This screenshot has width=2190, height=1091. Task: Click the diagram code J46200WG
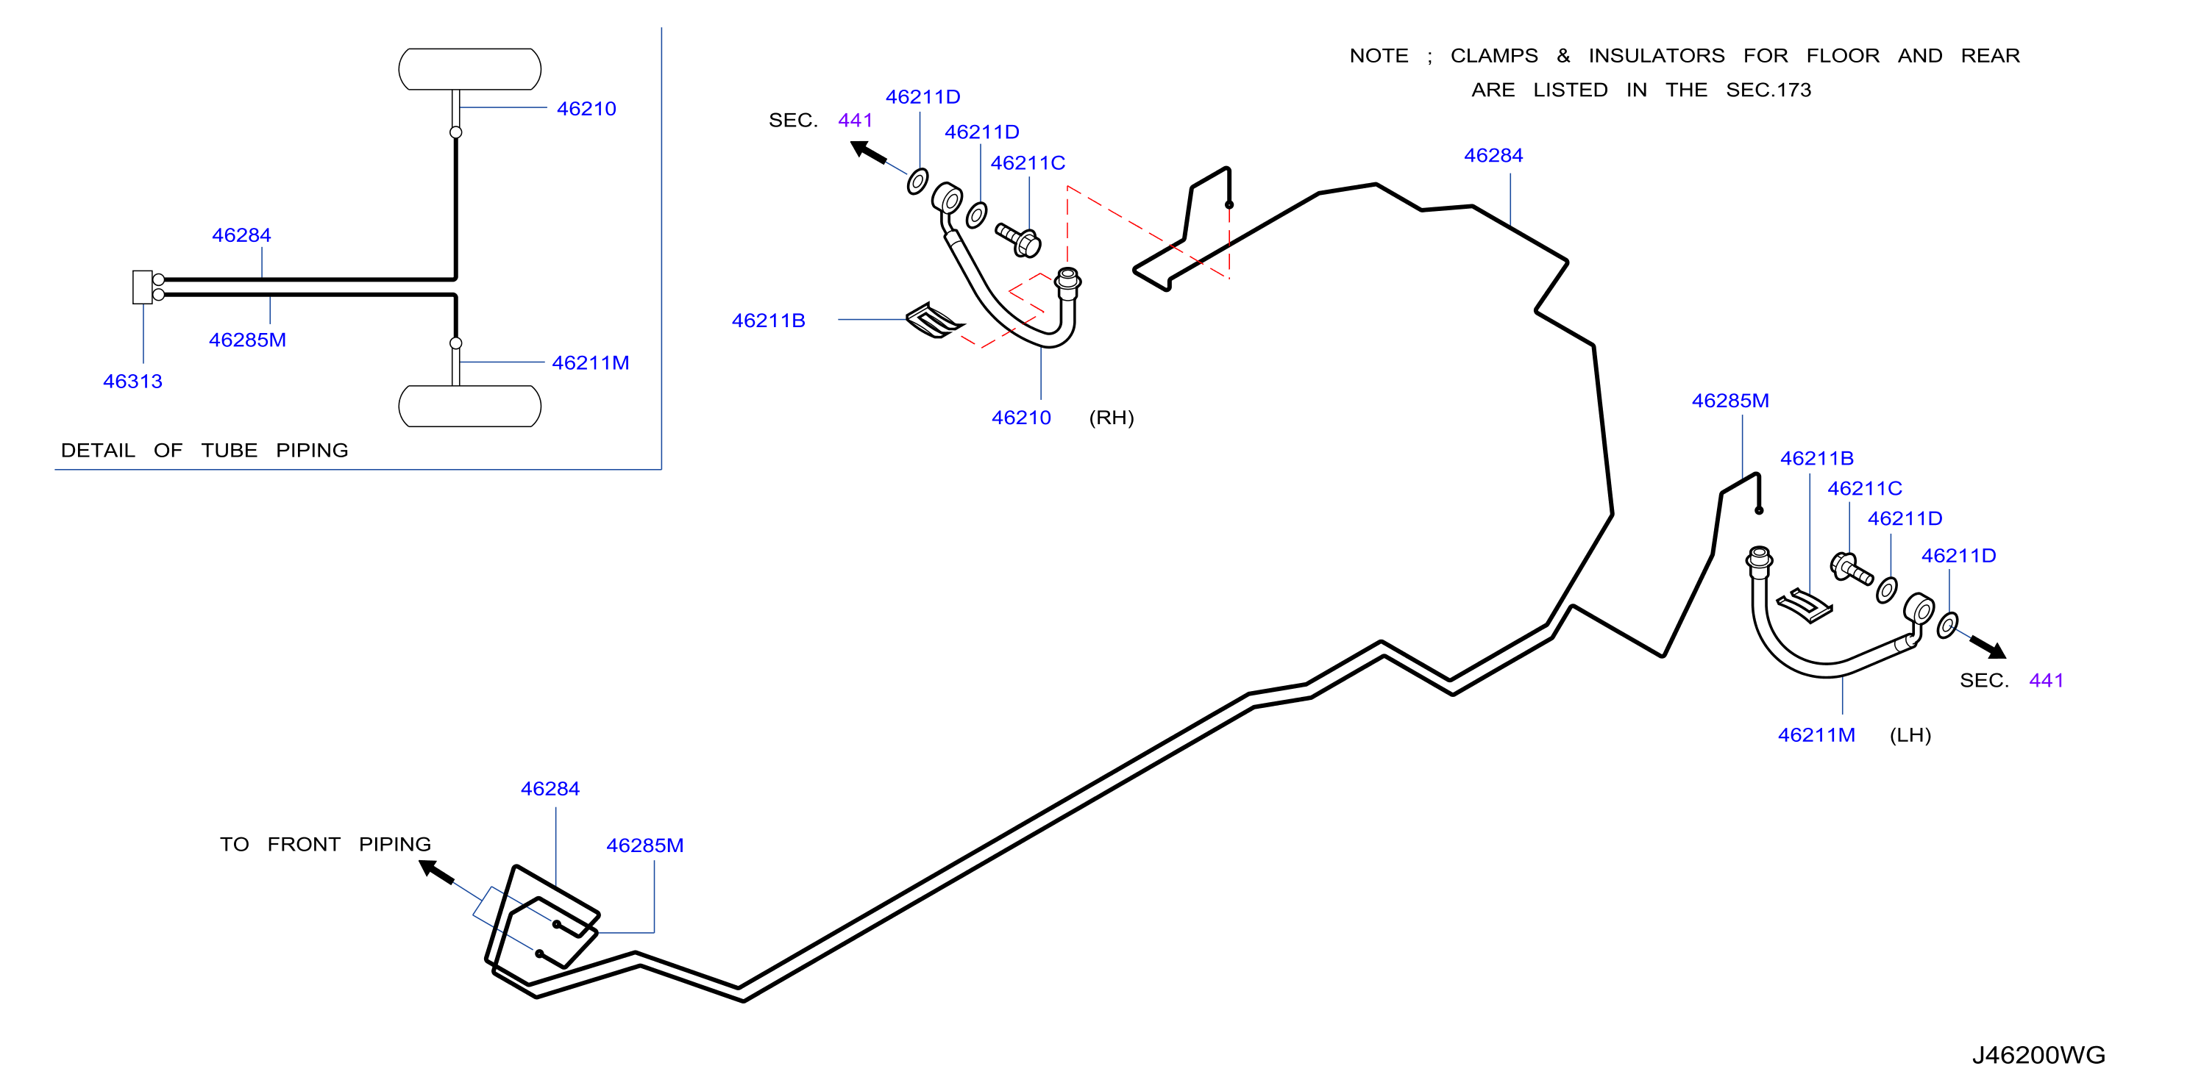click(2038, 1054)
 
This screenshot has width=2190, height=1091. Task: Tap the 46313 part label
click(132, 382)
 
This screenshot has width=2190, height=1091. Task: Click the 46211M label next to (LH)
click(1816, 735)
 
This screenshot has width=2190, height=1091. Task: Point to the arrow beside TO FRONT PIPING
click(436, 872)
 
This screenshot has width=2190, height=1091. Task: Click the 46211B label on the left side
click(769, 321)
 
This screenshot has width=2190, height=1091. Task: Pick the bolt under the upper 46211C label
click(1017, 240)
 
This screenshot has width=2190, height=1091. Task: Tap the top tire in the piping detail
click(469, 69)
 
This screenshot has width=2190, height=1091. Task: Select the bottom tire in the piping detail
click(469, 406)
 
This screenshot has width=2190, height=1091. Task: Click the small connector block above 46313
click(142, 287)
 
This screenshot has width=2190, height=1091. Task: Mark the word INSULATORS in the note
click(1656, 56)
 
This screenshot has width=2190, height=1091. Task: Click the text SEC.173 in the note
click(1768, 90)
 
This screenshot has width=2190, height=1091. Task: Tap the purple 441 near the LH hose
click(2046, 681)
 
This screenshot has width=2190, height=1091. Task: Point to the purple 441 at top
click(856, 121)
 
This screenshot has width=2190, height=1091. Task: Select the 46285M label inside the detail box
click(247, 340)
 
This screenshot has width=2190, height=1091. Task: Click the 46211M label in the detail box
click(590, 363)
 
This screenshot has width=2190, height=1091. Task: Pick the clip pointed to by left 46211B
click(934, 321)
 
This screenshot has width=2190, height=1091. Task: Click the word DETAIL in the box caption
click(98, 451)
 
